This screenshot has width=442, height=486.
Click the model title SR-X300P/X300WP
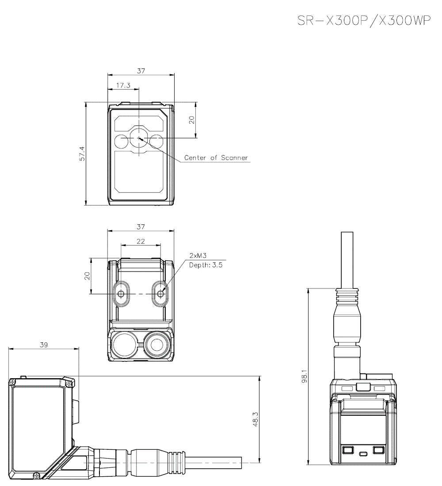pos(364,21)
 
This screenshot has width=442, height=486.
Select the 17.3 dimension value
pos(123,85)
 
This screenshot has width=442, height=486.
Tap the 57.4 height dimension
pos(81,154)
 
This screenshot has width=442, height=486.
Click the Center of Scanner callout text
pos(216,158)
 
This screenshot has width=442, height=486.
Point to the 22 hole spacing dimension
pos(141,241)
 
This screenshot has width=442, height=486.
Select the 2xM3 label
pos(198,256)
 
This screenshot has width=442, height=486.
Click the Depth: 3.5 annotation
pos(206,265)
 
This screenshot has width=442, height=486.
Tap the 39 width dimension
pos(43,345)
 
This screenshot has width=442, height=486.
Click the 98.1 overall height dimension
pos(304,376)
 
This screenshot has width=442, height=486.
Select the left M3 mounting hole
pos(121,293)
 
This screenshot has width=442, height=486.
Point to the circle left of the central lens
pos(121,142)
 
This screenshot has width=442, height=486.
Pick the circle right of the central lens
pos(156,142)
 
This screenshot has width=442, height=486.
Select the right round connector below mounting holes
pos(156,345)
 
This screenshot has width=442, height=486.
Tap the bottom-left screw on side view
pos(36,475)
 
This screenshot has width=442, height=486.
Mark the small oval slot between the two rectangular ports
pos(363,454)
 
